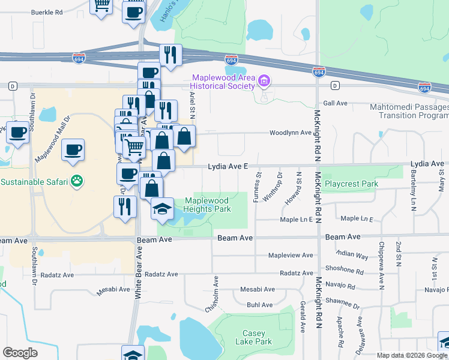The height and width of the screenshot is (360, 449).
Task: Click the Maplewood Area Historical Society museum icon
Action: (x=263, y=81)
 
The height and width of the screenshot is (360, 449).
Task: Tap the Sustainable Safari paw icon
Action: (x=76, y=180)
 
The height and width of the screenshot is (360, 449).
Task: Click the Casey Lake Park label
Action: (x=258, y=337)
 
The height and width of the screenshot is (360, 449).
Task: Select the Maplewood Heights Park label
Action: (x=207, y=205)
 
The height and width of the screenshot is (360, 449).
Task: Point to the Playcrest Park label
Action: (x=351, y=183)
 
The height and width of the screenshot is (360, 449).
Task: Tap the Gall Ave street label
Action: (x=336, y=103)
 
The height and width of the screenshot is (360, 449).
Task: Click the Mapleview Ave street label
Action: (x=291, y=255)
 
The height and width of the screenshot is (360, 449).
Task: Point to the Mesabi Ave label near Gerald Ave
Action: (x=257, y=289)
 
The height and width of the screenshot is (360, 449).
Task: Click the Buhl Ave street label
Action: (x=259, y=305)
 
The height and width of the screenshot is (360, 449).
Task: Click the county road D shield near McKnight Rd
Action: (x=334, y=85)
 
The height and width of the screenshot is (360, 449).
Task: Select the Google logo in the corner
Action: (x=20, y=353)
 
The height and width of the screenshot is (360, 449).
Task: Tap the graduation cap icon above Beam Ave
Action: (x=162, y=209)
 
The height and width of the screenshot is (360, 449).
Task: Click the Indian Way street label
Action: (x=352, y=255)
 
